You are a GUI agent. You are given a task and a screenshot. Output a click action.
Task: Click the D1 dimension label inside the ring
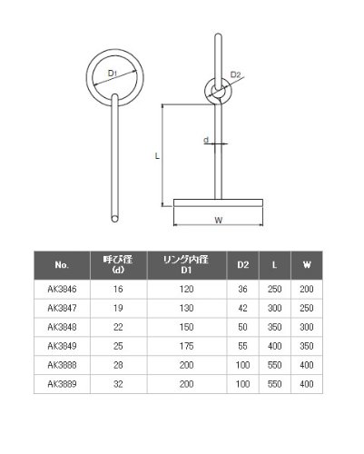click(x=113, y=73)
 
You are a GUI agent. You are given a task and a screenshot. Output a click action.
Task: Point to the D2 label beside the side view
click(x=235, y=74)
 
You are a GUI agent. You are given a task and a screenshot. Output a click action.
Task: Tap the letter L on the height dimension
click(x=157, y=156)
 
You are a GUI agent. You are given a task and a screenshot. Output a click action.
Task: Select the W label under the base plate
click(x=218, y=220)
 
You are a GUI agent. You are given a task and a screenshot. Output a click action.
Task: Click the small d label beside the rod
click(x=206, y=140)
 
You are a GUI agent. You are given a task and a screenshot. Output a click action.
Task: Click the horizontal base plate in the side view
click(x=218, y=202)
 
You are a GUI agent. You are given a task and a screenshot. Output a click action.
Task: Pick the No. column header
click(x=62, y=265)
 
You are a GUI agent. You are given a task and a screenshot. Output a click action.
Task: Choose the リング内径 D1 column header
click(x=186, y=265)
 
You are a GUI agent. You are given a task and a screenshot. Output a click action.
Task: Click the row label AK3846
click(x=62, y=289)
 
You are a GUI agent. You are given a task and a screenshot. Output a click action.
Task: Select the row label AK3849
click(x=62, y=346)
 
